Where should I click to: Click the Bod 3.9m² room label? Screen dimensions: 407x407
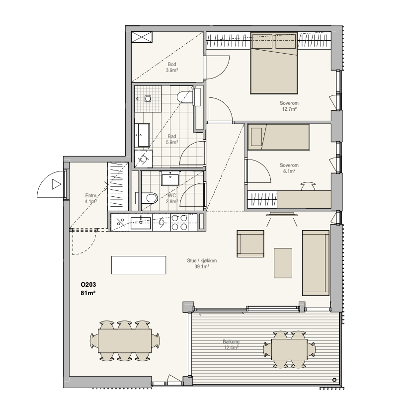coord(172,67)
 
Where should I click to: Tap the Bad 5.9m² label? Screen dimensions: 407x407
coord(172,139)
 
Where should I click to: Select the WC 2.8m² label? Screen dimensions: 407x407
coord(172,198)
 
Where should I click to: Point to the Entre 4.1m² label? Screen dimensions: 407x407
coord(91,198)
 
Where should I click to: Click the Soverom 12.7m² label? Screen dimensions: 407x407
coord(289,106)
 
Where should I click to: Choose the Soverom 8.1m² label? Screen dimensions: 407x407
coord(289,168)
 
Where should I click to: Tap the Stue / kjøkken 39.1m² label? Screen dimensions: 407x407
coord(202,263)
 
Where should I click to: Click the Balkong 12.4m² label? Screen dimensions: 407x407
coord(231,345)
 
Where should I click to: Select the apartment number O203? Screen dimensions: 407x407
coord(88,284)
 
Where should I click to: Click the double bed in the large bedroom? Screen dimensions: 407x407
coord(274,63)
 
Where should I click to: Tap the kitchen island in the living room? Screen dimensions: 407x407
coord(139,265)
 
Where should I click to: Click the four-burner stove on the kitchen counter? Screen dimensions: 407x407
coord(179,223)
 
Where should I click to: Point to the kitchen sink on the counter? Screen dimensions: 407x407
coord(141,223)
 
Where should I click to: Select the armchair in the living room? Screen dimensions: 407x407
coord(250,244)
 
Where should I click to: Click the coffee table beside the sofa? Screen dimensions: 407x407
coord(283,263)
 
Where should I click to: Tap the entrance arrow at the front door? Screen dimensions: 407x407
coord(56,184)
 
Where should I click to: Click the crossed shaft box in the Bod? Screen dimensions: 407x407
coord(142,37)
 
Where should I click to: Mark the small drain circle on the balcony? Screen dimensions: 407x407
coord(334,380)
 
